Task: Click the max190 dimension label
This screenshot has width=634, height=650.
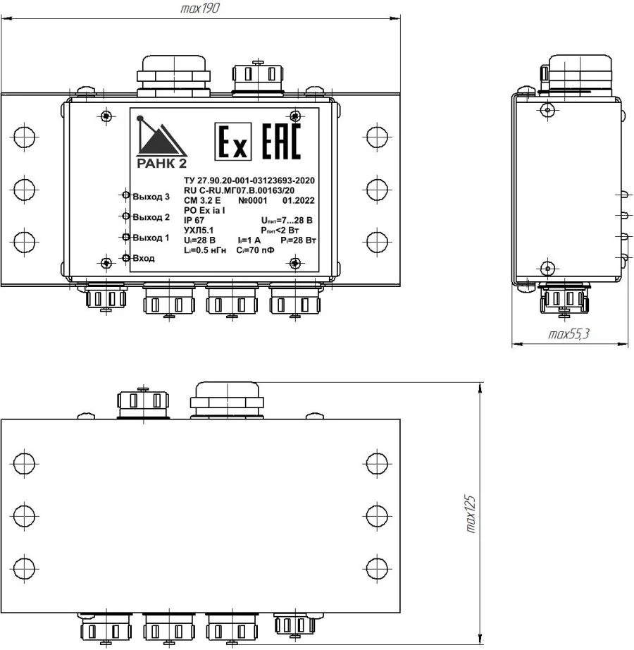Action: [x=201, y=9]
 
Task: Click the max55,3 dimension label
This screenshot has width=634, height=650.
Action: [x=568, y=335]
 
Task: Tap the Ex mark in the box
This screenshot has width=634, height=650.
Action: [x=231, y=142]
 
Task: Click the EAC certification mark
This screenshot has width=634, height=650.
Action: [x=280, y=142]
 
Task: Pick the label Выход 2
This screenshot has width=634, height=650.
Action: [x=151, y=217]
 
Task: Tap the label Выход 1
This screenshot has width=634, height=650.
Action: [x=151, y=238]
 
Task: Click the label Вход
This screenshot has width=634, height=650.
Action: [x=143, y=259]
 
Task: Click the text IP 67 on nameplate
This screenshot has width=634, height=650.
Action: [x=194, y=221]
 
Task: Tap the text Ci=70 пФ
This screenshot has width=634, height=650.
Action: [x=259, y=250]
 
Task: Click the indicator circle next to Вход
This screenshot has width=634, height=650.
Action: [x=125, y=258]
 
